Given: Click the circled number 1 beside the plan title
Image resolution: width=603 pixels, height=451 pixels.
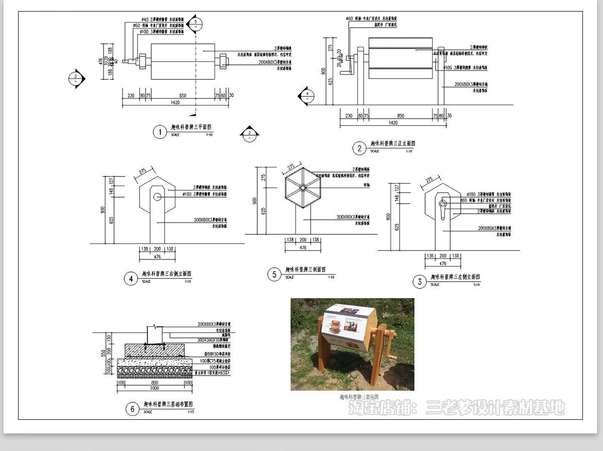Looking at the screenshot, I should [159, 132].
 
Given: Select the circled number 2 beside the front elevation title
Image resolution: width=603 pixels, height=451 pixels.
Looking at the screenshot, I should [359, 148].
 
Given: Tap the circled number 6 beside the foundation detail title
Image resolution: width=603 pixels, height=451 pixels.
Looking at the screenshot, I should [132, 409].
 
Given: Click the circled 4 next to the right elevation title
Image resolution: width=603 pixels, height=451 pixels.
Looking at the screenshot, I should [131, 278].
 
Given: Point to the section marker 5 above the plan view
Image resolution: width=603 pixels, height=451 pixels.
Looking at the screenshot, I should [196, 23].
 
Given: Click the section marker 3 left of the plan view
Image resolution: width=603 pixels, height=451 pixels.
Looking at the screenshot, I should [76, 78].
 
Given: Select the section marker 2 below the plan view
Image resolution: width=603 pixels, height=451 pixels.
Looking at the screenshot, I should [249, 133].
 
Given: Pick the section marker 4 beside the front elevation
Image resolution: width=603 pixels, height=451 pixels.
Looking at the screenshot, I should [306, 95].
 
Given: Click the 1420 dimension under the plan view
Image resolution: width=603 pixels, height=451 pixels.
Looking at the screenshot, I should [175, 103].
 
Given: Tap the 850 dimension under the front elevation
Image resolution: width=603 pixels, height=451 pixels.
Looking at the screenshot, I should [400, 116].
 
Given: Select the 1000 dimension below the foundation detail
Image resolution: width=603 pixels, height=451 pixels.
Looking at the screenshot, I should [154, 388].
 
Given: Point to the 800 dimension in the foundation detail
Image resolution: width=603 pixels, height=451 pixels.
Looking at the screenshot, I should [154, 383].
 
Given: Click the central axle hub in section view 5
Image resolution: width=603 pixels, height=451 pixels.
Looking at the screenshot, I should [303, 187].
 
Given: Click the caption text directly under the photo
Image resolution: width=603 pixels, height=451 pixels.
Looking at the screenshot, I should [360, 397].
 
